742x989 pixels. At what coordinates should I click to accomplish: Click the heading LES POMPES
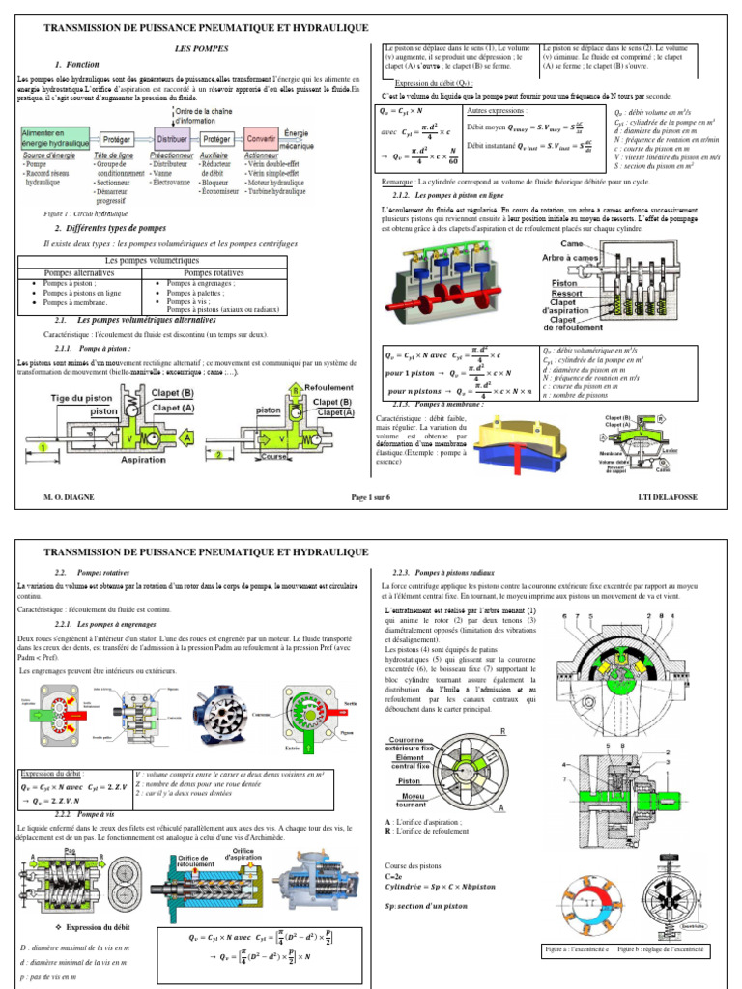pos(191,46)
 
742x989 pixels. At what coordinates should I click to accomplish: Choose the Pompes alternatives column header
pos(87,273)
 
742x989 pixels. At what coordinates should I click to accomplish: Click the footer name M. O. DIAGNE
pos(67,497)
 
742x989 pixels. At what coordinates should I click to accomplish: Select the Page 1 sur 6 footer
pos(371,497)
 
